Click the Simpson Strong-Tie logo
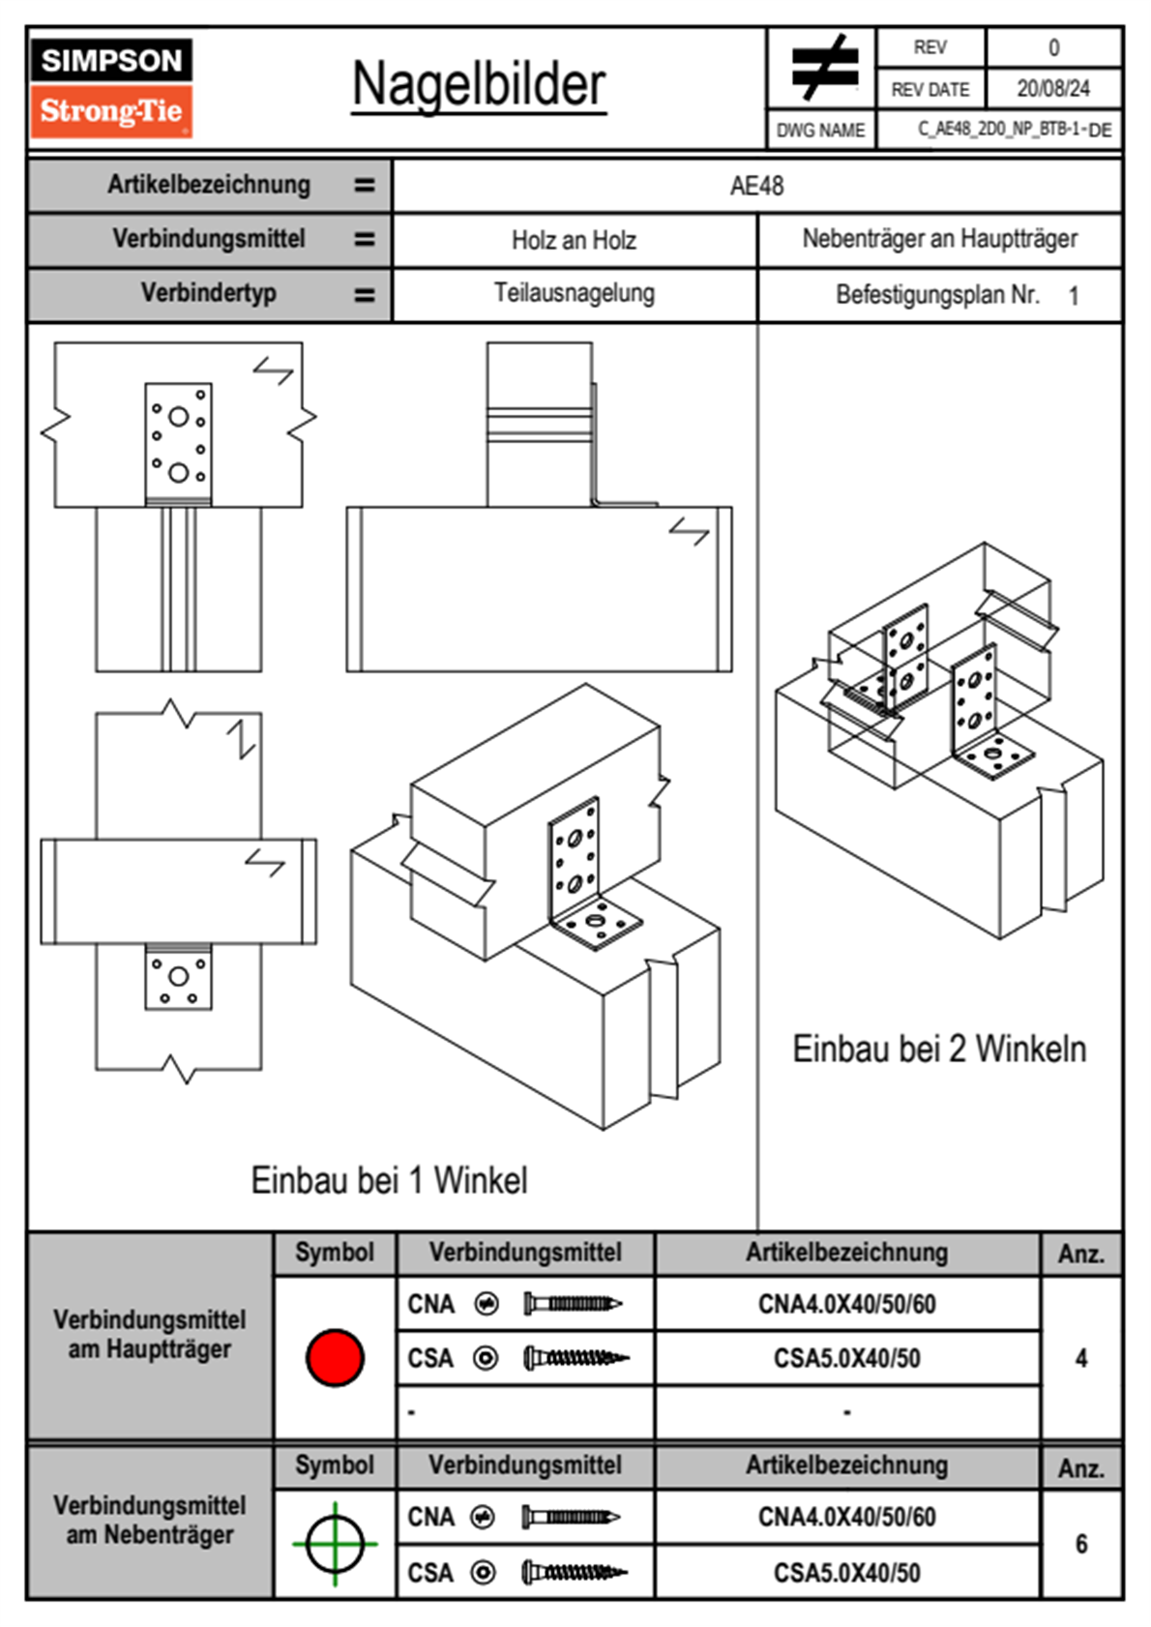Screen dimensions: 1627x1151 (111, 88)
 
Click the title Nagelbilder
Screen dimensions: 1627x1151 (479, 85)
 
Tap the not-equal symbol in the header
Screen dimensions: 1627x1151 (824, 68)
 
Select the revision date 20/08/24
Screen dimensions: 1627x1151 (1052, 89)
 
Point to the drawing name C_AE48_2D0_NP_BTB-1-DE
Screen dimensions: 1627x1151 (1014, 130)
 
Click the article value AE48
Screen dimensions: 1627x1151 (756, 186)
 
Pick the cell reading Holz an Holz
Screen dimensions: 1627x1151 (574, 240)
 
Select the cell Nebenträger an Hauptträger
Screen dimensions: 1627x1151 (939, 239)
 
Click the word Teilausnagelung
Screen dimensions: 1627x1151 (574, 293)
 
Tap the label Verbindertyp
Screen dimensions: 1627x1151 (208, 293)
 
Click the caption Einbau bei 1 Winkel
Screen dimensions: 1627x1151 (389, 1180)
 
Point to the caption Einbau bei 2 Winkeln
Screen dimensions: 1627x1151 (939, 1049)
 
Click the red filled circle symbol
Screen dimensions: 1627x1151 (335, 1357)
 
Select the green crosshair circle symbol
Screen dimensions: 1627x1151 (335, 1543)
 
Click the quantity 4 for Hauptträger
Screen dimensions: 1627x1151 (1080, 1358)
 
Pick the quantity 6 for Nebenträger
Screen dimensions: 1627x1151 (1080, 1544)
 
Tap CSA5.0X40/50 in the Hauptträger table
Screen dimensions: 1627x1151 (846, 1359)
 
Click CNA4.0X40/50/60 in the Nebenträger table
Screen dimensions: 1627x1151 (846, 1517)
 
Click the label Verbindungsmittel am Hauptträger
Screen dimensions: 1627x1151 (150, 1334)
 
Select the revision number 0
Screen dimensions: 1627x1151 (1053, 47)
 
